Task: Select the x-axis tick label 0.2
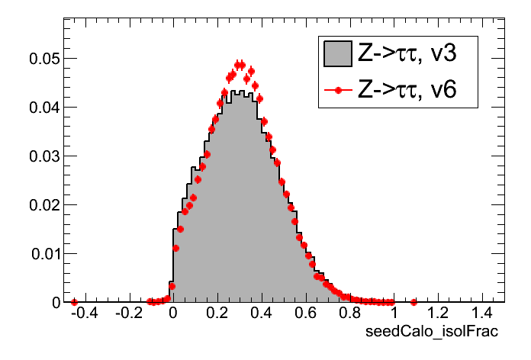coord(217,313)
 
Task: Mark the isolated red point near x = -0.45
coord(74,302)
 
